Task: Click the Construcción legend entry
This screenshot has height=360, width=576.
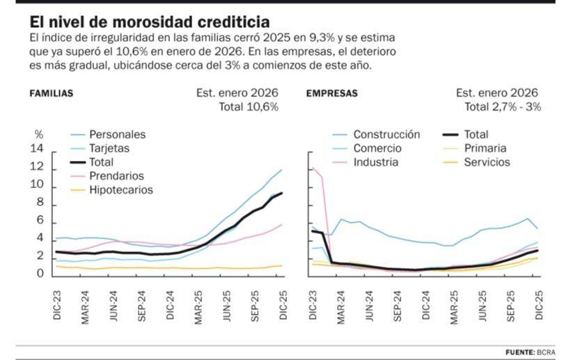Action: (x=386, y=135)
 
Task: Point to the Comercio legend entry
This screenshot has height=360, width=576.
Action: (x=377, y=148)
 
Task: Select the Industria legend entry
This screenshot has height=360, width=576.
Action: (x=375, y=162)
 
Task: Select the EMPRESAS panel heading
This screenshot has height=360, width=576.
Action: (x=332, y=93)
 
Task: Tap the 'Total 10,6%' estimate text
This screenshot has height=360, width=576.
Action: (x=249, y=107)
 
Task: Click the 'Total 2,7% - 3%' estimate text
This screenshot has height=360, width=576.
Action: (x=502, y=107)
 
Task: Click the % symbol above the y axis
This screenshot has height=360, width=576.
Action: (x=39, y=134)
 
